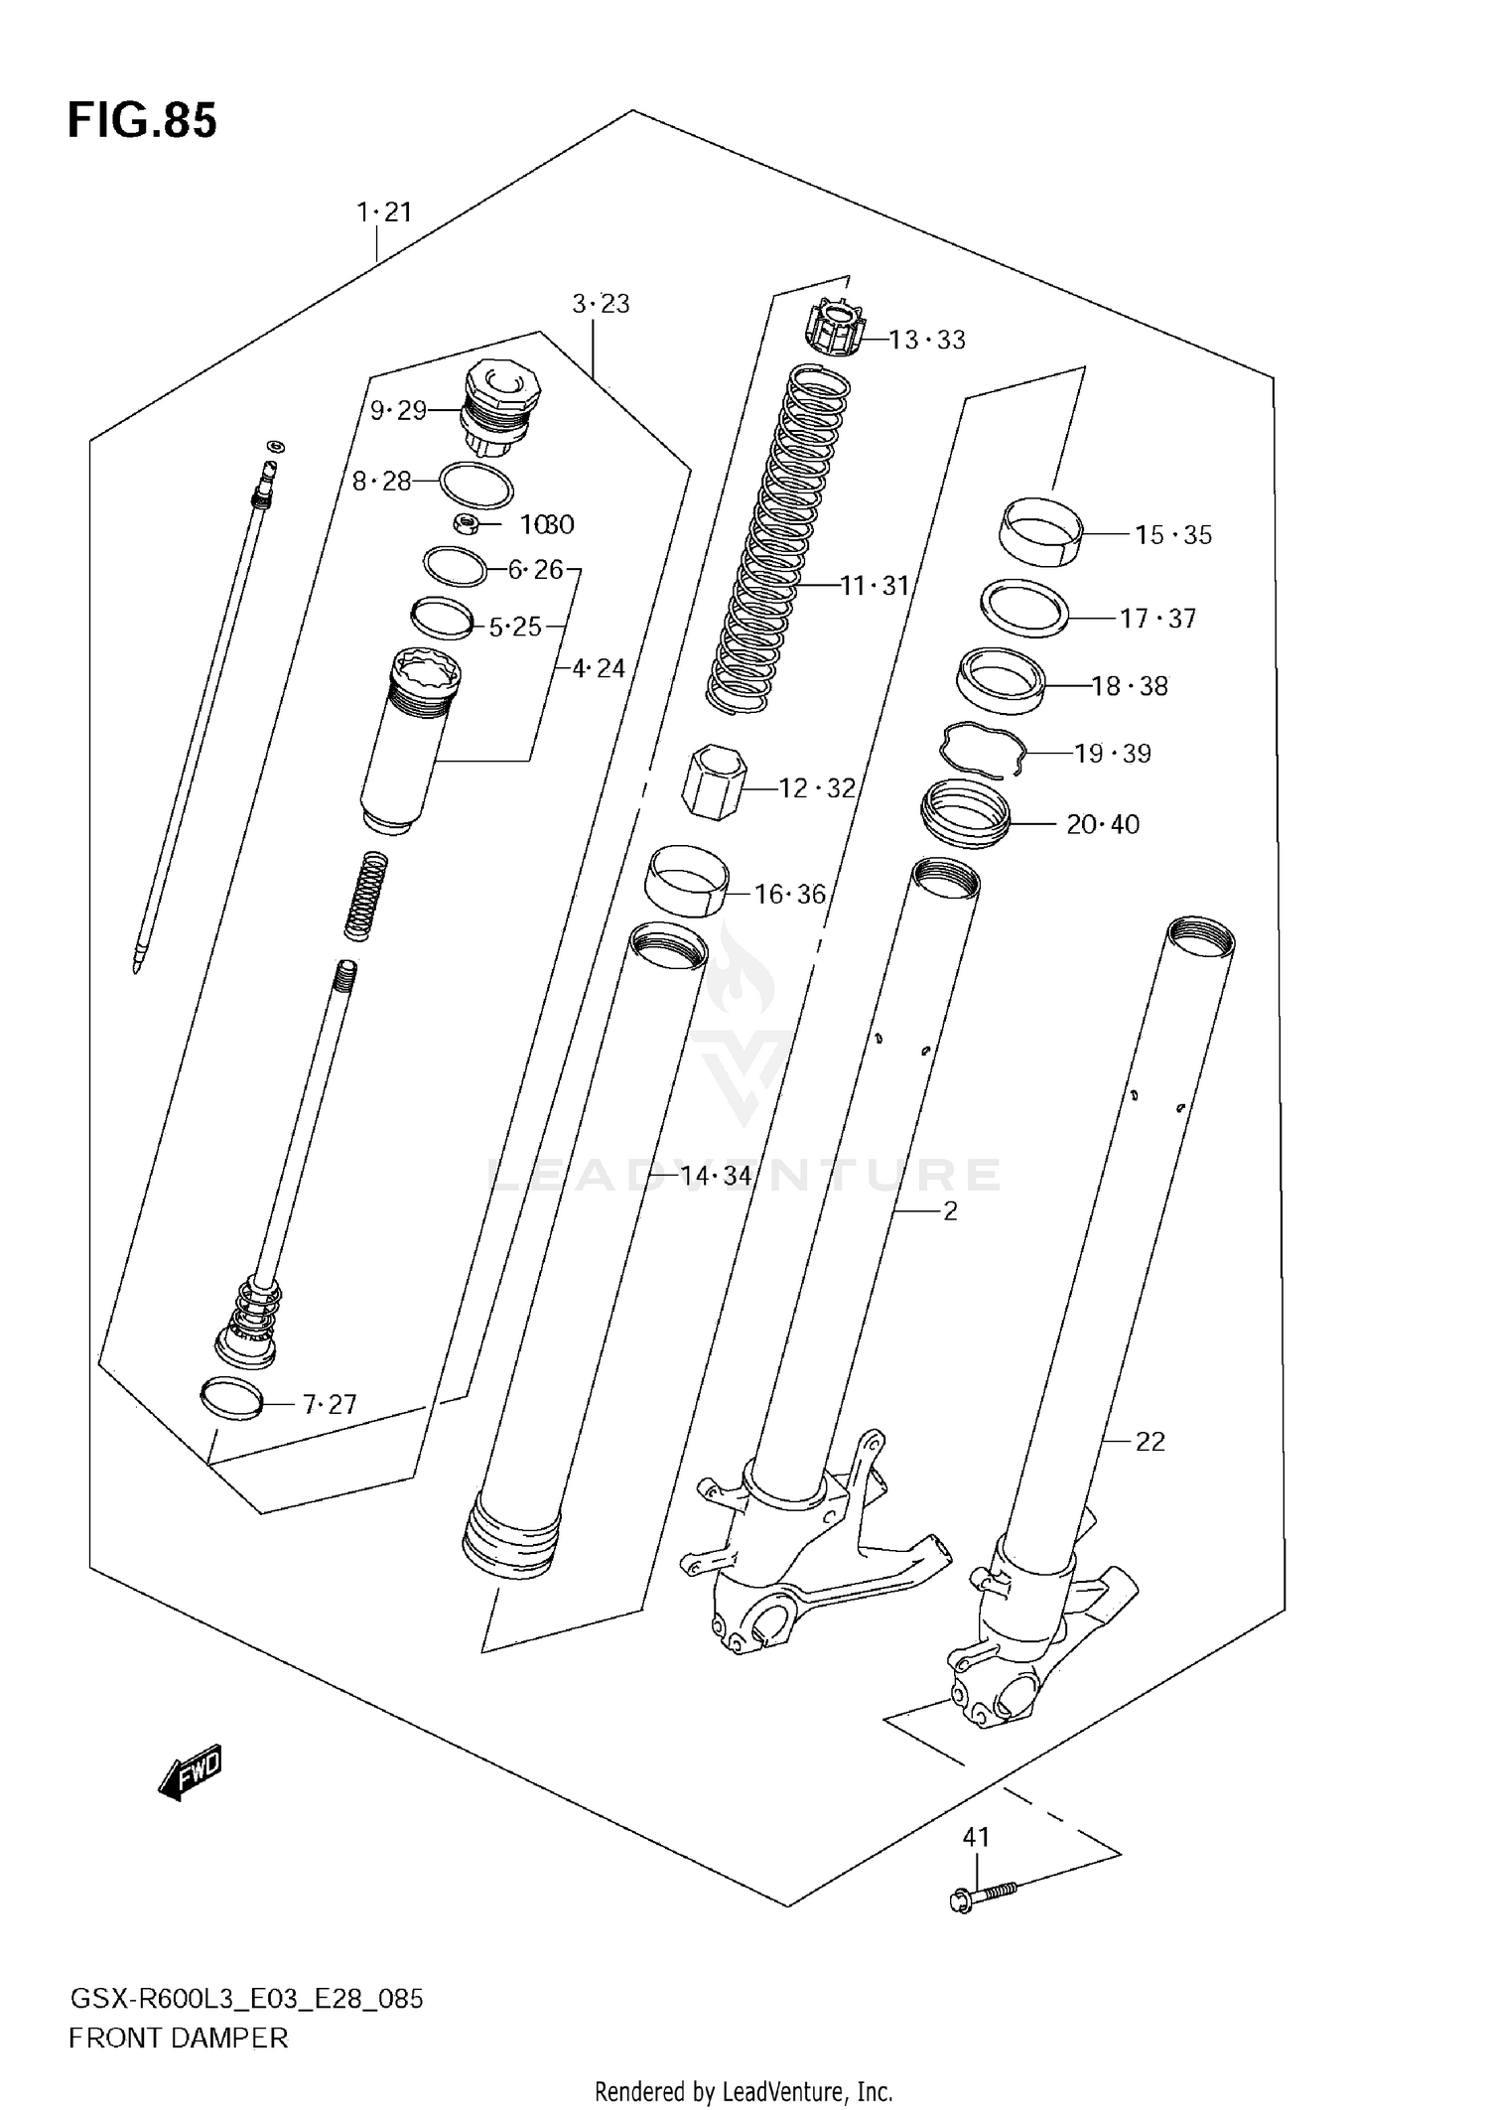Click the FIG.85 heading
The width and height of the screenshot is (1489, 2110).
point(142,121)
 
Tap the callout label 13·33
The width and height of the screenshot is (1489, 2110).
point(927,341)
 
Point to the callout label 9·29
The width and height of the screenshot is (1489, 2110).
point(398,411)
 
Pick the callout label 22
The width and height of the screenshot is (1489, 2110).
point(1150,1442)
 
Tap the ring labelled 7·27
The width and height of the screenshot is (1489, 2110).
point(232,1400)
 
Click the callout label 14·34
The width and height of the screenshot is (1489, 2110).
point(715,1177)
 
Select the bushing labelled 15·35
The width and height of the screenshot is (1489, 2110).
point(1040,532)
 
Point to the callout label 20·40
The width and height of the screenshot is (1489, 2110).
point(1103,824)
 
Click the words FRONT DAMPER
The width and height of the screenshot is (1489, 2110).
point(178,2039)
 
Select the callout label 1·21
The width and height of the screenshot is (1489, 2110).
point(384,212)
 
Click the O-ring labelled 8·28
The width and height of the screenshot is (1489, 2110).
point(474,486)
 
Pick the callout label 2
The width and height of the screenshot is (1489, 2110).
point(950,1211)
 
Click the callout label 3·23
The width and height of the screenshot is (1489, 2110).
point(601,304)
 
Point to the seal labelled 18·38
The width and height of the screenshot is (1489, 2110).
point(1001,680)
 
